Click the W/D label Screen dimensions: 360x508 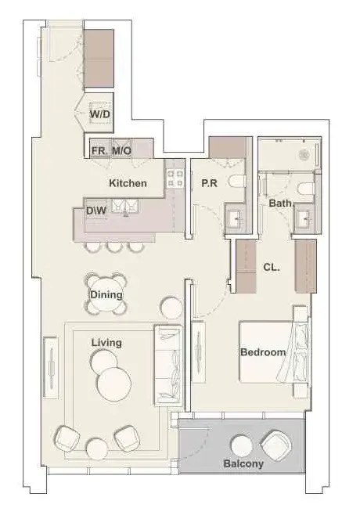coord(100,114)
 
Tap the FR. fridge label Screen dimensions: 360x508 coord(99,150)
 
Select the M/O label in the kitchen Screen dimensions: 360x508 coord(121,150)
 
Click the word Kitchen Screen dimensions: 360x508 coord(128,183)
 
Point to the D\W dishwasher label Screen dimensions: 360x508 coord(96,211)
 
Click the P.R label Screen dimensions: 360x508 coord(209,183)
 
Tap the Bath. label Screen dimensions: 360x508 coord(281,204)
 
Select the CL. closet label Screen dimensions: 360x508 coord(272,267)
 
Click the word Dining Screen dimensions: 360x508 coord(106,295)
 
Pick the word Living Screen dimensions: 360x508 coord(106,343)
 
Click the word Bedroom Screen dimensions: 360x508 coord(263,352)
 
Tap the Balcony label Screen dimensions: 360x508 coord(243,463)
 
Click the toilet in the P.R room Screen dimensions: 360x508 coord(236,181)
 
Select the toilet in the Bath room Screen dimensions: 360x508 coord(306,188)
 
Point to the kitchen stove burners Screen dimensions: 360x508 coord(175,178)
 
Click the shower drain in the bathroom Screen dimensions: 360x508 coord(304,155)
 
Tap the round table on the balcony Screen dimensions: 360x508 coord(242,446)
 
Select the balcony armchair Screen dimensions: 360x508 coord(277,446)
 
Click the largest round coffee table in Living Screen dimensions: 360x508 coord(114,384)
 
